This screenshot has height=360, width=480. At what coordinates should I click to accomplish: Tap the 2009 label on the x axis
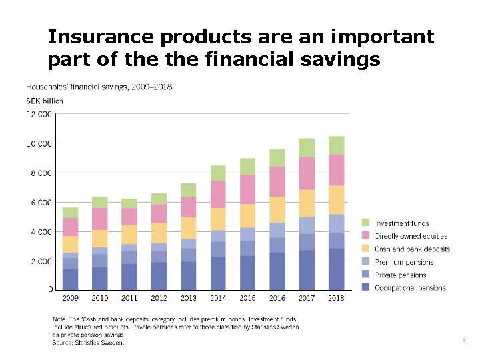[70, 298]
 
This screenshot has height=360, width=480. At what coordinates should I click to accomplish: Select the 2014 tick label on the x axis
[218, 298]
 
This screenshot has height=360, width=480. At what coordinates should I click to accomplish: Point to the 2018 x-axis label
[336, 298]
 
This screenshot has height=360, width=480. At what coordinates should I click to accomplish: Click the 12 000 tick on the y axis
[39, 115]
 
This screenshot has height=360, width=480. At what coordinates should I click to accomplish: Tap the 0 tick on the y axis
[51, 290]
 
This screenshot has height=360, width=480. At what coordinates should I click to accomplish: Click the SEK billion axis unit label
[44, 101]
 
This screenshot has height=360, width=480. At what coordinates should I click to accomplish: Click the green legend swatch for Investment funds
[366, 223]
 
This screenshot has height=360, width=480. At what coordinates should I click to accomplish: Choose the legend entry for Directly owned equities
[411, 236]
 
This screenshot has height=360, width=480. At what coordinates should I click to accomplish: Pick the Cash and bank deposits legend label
[412, 249]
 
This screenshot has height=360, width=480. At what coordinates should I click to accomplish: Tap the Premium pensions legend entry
[404, 262]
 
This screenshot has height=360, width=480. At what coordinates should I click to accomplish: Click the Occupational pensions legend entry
[410, 287]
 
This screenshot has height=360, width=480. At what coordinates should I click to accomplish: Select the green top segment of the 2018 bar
[336, 145]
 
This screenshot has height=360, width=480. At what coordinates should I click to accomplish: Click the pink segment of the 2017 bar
[307, 173]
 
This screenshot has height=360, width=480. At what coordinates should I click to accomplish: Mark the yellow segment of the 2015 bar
[247, 215]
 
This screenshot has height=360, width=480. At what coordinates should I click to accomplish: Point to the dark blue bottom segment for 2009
[70, 279]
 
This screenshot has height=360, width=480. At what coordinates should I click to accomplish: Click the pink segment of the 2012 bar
[159, 213]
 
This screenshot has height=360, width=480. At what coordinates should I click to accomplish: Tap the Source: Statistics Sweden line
[88, 343]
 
